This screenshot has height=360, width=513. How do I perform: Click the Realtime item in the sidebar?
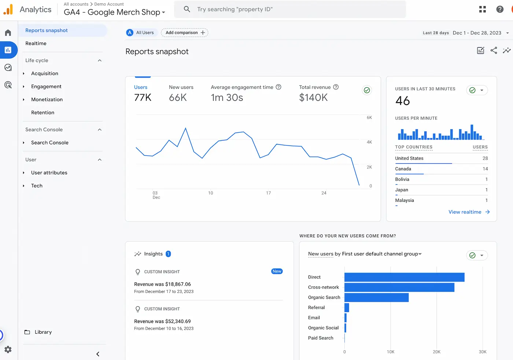coord(36,43)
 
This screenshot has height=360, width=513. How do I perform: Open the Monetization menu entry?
coord(47,100)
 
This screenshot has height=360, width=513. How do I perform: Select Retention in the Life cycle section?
coord(43,112)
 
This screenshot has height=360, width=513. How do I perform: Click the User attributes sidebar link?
coord(49,173)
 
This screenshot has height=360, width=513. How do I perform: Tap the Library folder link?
coord(43,332)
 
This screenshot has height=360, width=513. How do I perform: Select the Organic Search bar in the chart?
coord(376,297)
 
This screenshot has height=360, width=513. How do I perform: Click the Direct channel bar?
coord(404,277)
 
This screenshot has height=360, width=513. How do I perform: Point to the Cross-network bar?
coord(399,287)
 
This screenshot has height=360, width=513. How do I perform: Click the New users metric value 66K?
coord(178,98)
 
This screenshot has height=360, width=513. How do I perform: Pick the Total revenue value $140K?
coord(313,98)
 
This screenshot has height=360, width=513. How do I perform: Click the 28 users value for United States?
coord(485,158)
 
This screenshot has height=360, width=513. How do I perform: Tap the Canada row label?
coord(403,169)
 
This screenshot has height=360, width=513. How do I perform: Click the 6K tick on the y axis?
coord(369,118)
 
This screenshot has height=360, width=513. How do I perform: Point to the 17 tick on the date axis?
coord(268,193)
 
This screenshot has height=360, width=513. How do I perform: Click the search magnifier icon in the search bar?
coord(187,9)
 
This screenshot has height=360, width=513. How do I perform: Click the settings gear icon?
coord(8,349)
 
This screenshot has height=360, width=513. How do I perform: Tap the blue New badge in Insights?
coord(277,271)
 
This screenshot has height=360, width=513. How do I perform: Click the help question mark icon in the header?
coord(500,10)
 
